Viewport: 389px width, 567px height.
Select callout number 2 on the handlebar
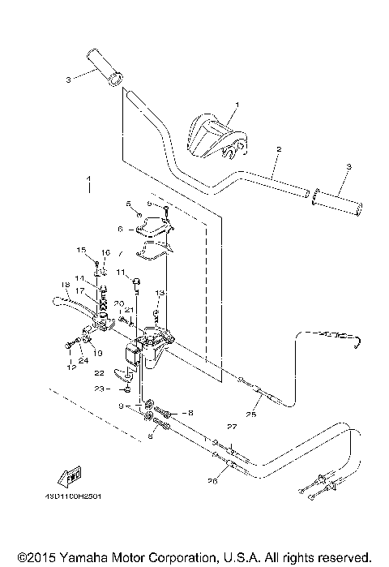[278, 151]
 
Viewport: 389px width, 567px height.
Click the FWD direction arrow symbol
[71, 475]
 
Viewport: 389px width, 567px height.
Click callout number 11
[120, 273]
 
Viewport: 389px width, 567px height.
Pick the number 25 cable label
[250, 415]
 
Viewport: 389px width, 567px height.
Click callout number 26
[213, 479]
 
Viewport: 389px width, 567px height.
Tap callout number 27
[231, 427]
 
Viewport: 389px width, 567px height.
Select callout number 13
[160, 292]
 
